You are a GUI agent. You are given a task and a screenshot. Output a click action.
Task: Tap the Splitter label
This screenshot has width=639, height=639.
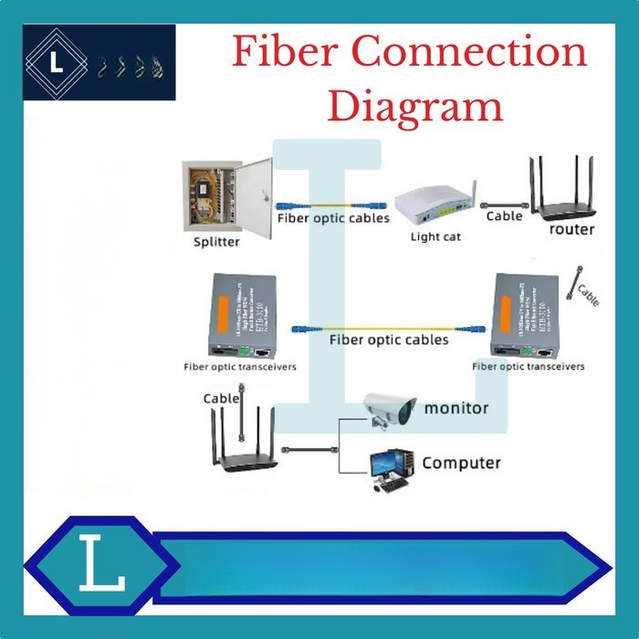[x=216, y=242]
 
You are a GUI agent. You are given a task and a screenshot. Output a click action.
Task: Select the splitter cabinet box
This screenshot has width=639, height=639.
[x=225, y=194]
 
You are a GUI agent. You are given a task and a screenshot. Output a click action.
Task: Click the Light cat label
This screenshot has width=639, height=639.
[x=435, y=237]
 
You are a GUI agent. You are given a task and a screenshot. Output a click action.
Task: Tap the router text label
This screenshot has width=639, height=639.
[x=571, y=229]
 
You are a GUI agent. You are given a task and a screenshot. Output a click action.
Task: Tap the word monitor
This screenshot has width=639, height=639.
[x=456, y=408]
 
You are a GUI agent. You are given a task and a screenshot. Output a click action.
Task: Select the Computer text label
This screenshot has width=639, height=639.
[x=461, y=463]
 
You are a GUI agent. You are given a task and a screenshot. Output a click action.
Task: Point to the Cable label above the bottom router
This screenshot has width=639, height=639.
[x=221, y=398]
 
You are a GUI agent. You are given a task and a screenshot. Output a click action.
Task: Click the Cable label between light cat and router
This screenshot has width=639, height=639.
[x=504, y=216]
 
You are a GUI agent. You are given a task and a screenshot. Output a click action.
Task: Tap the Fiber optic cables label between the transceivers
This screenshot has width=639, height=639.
[x=389, y=340]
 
